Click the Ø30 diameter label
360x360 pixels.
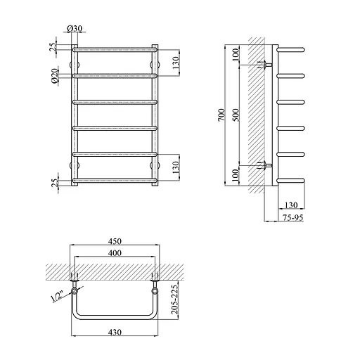[x=75, y=28]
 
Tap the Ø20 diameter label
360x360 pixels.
[x=54, y=75]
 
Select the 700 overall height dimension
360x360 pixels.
[x=221, y=115]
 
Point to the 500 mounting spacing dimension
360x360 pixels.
[x=236, y=115]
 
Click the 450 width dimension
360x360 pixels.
[x=115, y=241]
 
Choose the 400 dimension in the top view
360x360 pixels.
[x=115, y=253]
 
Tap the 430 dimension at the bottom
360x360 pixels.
[x=115, y=332]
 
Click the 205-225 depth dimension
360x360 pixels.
[x=174, y=300]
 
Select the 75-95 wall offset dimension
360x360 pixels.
[x=293, y=217]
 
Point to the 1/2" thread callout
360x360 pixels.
[x=58, y=297]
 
